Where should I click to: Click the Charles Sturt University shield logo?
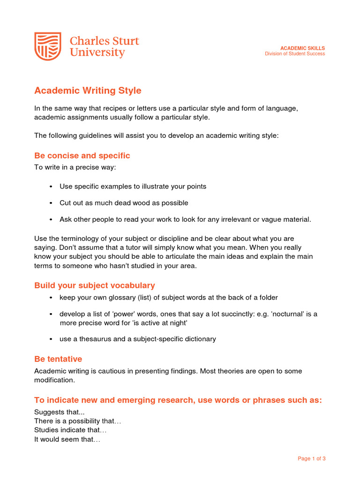pyautogui.click(x=48, y=46)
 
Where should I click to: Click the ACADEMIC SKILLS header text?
pyautogui.click(x=302, y=48)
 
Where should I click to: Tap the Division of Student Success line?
pyautogui.click(x=295, y=54)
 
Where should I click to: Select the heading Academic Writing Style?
pyautogui.click(x=88, y=90)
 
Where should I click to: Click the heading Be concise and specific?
pyautogui.click(x=82, y=156)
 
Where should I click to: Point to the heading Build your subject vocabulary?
pyautogui.click(x=94, y=285)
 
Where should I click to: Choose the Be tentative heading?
pyautogui.click(x=58, y=359)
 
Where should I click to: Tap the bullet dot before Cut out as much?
pyautogui.click(x=51, y=203)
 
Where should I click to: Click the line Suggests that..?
pyautogui.click(x=53, y=412)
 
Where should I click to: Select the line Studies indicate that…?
pyautogui.click(x=71, y=430)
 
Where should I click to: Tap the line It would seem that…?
pyautogui.click(x=67, y=440)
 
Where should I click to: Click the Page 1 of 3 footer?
pyautogui.click(x=312, y=458)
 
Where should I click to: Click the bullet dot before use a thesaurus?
pyautogui.click(x=51, y=339)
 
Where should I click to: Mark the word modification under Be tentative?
pyautogui.click(x=54, y=380)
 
